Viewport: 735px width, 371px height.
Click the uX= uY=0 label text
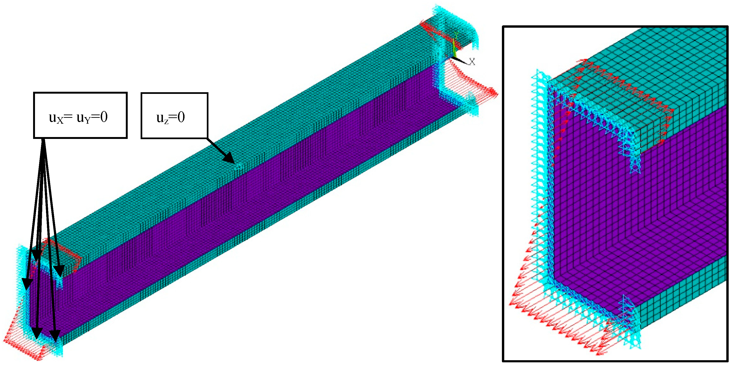click(78, 117)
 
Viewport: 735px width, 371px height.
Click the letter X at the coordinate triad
click(472, 61)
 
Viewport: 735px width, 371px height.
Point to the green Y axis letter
click(456, 35)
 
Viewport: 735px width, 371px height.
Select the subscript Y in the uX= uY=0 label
click(87, 120)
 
